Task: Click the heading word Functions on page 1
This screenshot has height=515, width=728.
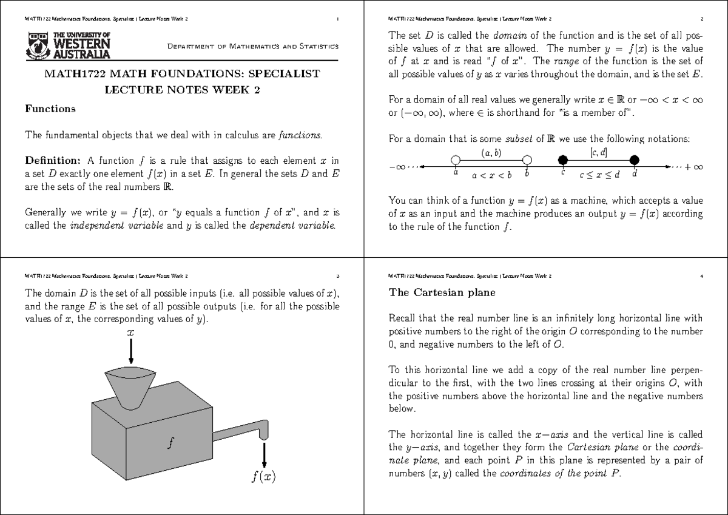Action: (50, 109)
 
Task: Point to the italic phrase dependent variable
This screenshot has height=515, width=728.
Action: (292, 226)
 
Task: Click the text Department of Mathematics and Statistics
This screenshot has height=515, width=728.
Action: (253, 47)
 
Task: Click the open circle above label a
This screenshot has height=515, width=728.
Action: (455, 160)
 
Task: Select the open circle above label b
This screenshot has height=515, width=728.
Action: (527, 160)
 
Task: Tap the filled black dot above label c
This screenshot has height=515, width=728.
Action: (562, 160)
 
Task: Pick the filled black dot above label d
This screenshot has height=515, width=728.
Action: (635, 160)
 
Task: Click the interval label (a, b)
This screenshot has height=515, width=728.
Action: (491, 153)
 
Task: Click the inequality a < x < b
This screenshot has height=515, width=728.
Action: (491, 175)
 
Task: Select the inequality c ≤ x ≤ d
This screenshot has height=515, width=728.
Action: (599, 175)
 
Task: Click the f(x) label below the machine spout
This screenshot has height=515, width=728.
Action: (263, 476)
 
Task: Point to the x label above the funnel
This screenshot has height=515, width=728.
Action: (130, 332)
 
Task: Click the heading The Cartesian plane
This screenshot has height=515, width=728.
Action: (442, 292)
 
